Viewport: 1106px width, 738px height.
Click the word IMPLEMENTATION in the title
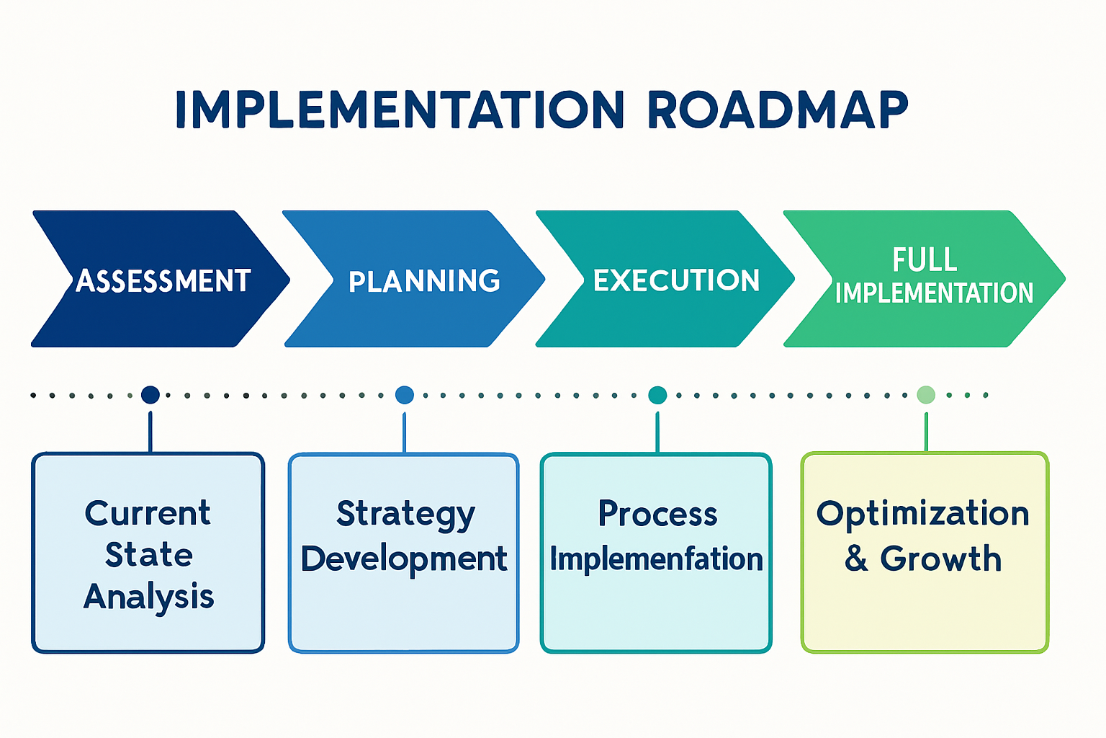point(400,110)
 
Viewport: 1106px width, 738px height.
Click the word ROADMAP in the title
point(778,110)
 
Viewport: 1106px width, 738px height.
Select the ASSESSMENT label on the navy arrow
point(163,281)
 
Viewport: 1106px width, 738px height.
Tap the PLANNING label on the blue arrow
point(424,281)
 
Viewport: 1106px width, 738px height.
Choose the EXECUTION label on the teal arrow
point(676,280)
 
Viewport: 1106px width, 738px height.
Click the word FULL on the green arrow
point(925,260)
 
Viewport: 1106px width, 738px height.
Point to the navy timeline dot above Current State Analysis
point(150,395)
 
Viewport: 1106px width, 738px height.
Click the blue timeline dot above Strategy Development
point(405,395)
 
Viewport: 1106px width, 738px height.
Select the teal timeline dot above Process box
point(657,395)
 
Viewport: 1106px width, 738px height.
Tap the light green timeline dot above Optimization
point(926,395)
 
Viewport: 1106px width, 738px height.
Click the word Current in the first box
point(148,513)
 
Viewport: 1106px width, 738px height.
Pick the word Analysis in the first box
point(149,597)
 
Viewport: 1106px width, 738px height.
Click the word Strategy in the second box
point(405,515)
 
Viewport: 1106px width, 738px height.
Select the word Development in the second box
point(404,559)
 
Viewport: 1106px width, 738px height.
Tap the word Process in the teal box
point(657,515)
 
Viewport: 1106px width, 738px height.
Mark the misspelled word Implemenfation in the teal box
point(656,559)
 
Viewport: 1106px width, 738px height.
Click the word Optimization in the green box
point(923,514)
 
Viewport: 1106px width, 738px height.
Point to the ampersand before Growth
point(856,559)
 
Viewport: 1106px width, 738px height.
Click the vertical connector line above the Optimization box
point(926,432)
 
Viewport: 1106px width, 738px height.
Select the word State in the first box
point(149,555)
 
